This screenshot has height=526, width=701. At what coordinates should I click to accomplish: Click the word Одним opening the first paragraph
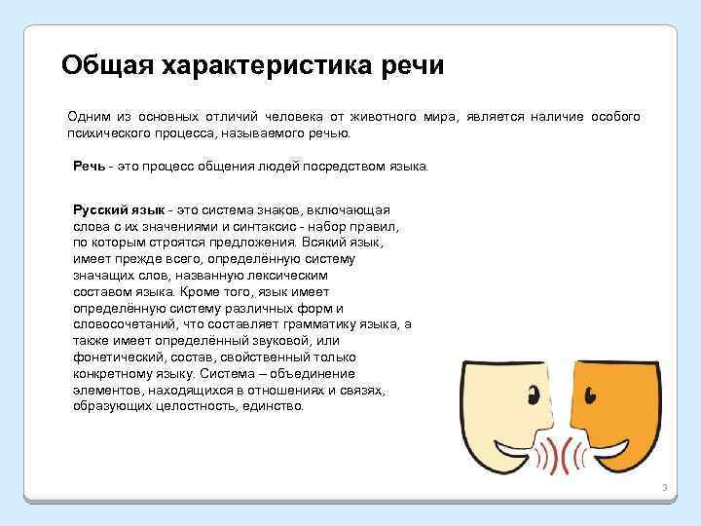point(87,117)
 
